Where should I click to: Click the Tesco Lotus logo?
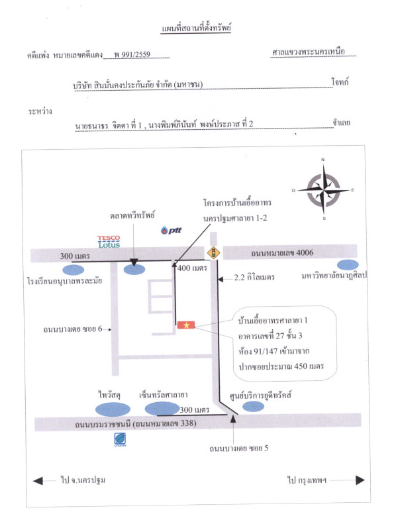click(x=109, y=242)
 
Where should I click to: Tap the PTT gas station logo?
click(x=172, y=230)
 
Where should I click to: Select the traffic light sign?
click(x=213, y=252)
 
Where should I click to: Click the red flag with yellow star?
click(x=186, y=325)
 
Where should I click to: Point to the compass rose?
click(x=323, y=190)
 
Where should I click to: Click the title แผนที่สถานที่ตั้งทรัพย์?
click(x=196, y=28)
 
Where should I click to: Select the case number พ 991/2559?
click(x=132, y=54)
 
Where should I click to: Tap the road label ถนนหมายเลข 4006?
click(x=282, y=253)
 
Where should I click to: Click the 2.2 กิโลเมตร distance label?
click(x=254, y=278)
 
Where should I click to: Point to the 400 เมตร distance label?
click(x=192, y=268)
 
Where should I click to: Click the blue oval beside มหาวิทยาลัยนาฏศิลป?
click(x=348, y=264)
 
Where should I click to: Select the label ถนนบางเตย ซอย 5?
click(x=239, y=449)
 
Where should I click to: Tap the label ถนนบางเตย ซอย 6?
click(x=73, y=329)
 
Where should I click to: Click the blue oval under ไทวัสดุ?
click(x=113, y=409)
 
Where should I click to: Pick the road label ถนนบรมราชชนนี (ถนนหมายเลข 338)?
click(x=136, y=423)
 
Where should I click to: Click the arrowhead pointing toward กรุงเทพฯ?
click(x=360, y=480)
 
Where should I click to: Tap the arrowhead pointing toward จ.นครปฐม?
click(x=38, y=481)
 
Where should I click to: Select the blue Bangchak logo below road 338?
click(x=120, y=439)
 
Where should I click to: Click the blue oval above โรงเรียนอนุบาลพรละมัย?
click(x=74, y=270)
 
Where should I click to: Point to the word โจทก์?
click(x=340, y=81)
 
